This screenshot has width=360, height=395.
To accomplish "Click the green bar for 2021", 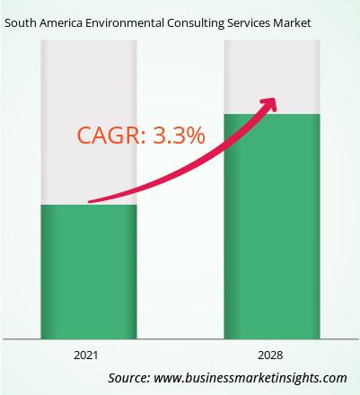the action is point(89,272).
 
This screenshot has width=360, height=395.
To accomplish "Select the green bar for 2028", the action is point(272,226).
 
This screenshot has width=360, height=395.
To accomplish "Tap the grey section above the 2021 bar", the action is point(89,122).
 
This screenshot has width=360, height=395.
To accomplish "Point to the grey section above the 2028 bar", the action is point(272,77).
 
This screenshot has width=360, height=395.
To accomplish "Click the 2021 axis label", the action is point(86,355).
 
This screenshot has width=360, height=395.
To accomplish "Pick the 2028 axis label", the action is point(270,355).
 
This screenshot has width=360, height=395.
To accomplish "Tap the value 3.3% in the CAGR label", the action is point(179,135).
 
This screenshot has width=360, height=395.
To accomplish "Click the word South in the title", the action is point(20,23).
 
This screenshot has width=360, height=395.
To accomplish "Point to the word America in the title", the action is point(61,23).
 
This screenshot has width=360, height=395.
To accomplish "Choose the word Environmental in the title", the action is point(125,23).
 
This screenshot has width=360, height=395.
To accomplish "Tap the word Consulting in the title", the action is point(196,23).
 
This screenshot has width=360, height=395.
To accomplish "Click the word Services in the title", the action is point(248,23).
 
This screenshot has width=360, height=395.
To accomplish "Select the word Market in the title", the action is point(292,23).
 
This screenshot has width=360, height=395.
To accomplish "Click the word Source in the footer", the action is point(129,378).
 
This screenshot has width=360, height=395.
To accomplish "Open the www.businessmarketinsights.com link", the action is point(250,378).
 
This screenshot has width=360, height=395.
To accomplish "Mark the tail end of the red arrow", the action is point(89,202).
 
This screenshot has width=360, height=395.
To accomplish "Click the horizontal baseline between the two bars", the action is point(180,339).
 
